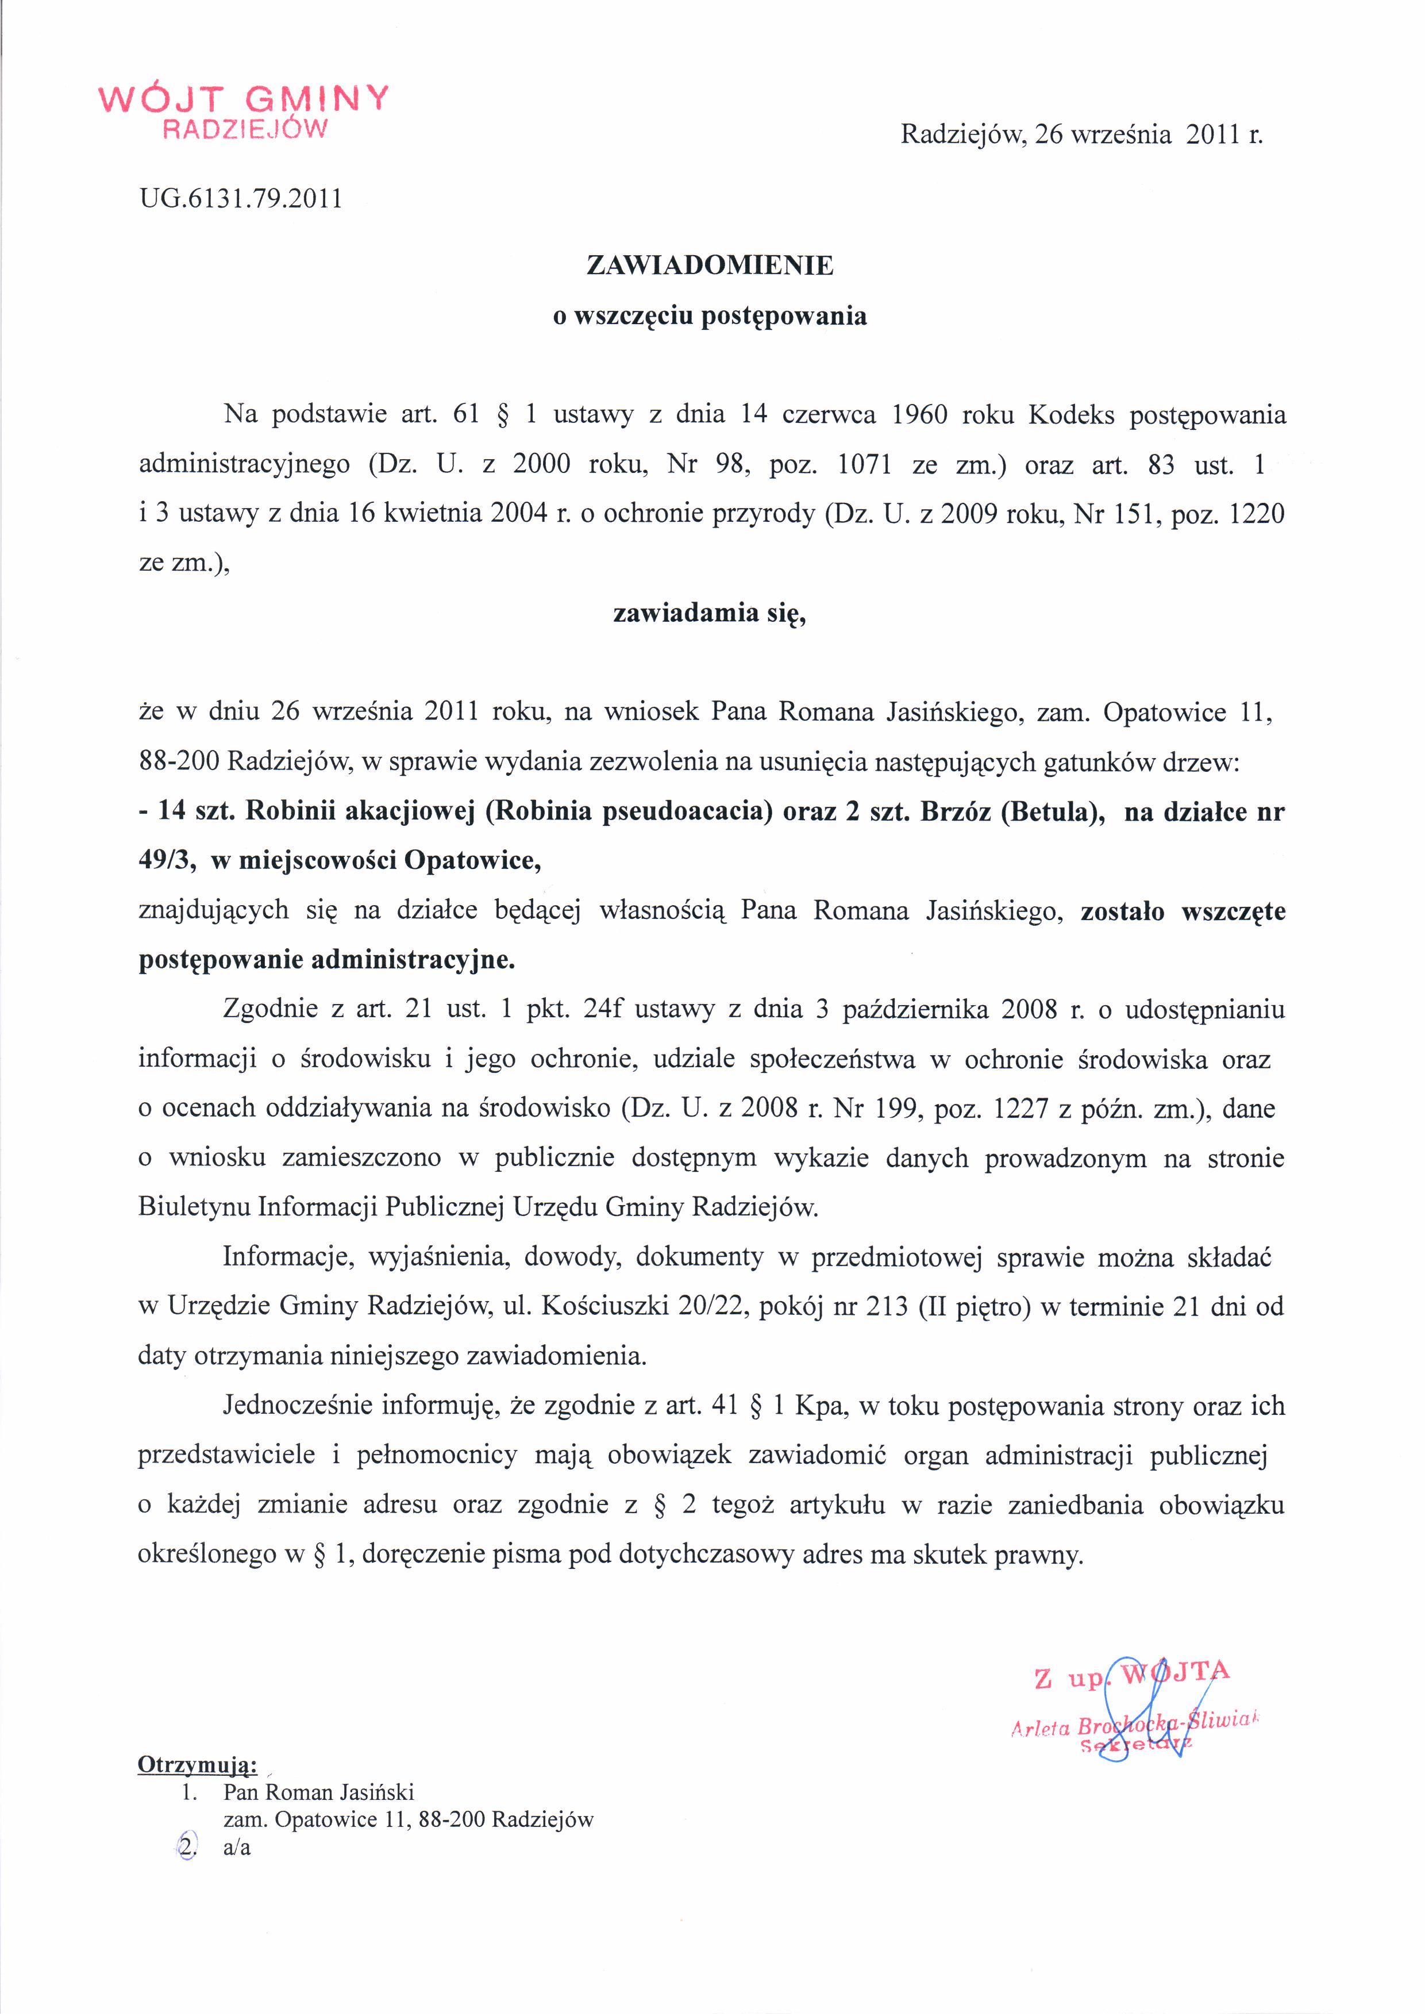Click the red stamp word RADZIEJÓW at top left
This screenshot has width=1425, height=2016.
[x=246, y=130]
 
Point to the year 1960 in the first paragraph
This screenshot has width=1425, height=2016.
[x=919, y=414]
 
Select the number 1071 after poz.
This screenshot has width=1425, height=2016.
[x=865, y=464]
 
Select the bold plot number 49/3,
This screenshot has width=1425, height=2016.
[x=167, y=860]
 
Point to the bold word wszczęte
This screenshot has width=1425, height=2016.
[x=1234, y=910]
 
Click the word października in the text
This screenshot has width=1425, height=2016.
[x=913, y=1009]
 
